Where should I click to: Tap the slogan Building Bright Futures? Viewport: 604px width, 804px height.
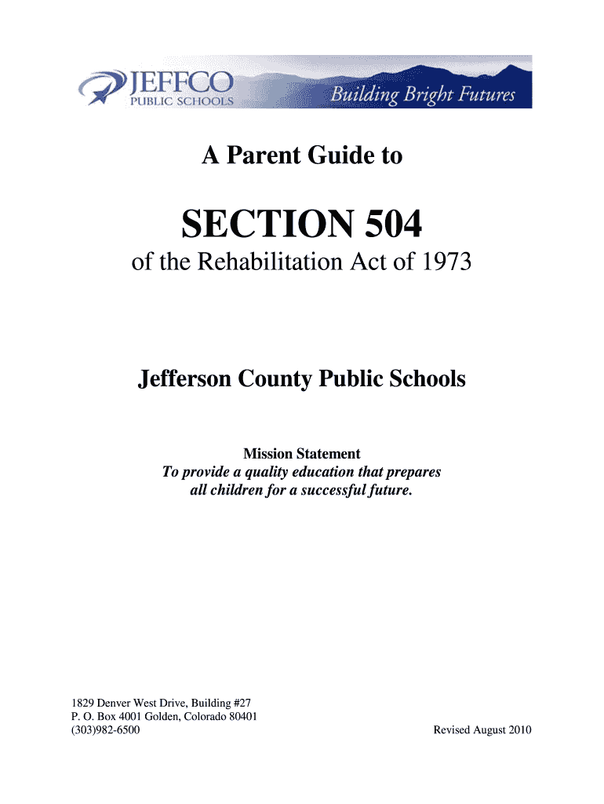[423, 96]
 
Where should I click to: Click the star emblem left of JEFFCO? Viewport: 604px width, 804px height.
[102, 85]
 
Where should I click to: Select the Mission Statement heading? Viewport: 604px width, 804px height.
[302, 454]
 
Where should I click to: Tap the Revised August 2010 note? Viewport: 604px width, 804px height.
[482, 730]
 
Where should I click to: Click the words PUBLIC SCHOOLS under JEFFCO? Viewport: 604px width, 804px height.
[181, 100]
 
